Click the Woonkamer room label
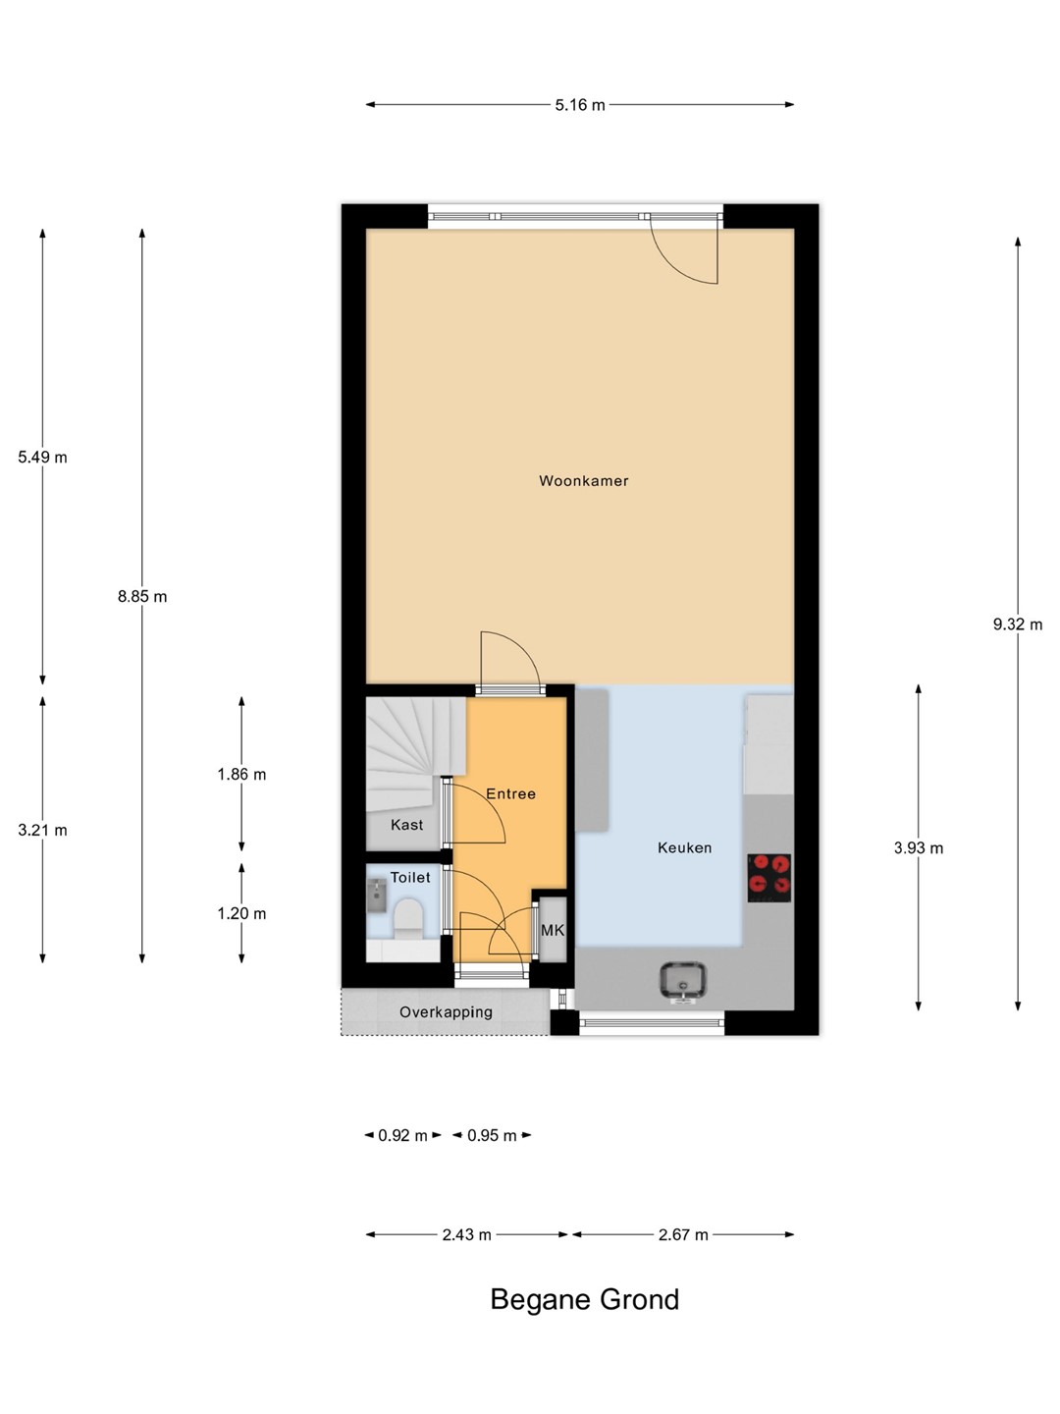click(583, 480)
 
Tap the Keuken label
click(684, 847)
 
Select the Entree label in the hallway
click(510, 793)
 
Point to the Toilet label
click(410, 878)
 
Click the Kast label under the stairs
click(406, 825)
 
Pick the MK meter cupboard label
click(553, 930)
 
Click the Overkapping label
click(446, 1012)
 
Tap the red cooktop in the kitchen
click(769, 878)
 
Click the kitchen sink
click(683, 981)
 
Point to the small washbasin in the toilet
click(377, 897)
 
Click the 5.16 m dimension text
click(580, 105)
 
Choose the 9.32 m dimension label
click(1017, 625)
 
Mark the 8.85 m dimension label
click(142, 596)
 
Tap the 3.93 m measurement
click(919, 847)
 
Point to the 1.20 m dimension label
click(241, 913)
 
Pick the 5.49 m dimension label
click(42, 458)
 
